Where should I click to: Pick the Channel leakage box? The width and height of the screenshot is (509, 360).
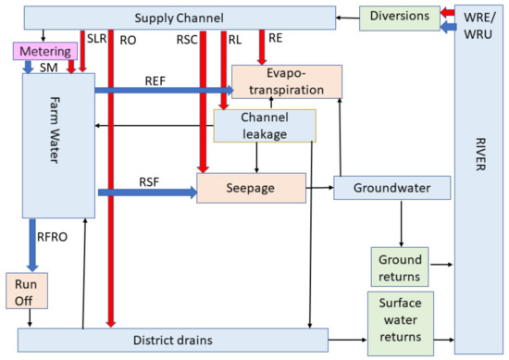[x=265, y=126]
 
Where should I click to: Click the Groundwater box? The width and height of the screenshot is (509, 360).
[x=391, y=188]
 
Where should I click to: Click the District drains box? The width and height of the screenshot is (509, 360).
[x=173, y=340]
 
